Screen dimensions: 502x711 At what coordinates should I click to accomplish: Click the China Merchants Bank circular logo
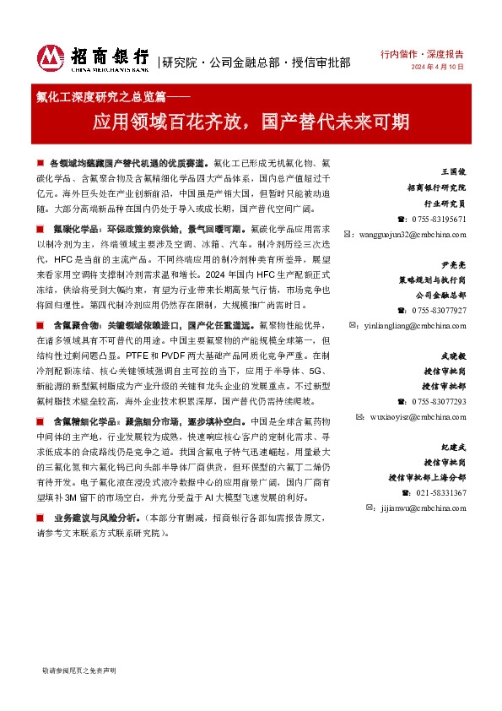(52, 57)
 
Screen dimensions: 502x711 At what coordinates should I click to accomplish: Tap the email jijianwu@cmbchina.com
(419, 508)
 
